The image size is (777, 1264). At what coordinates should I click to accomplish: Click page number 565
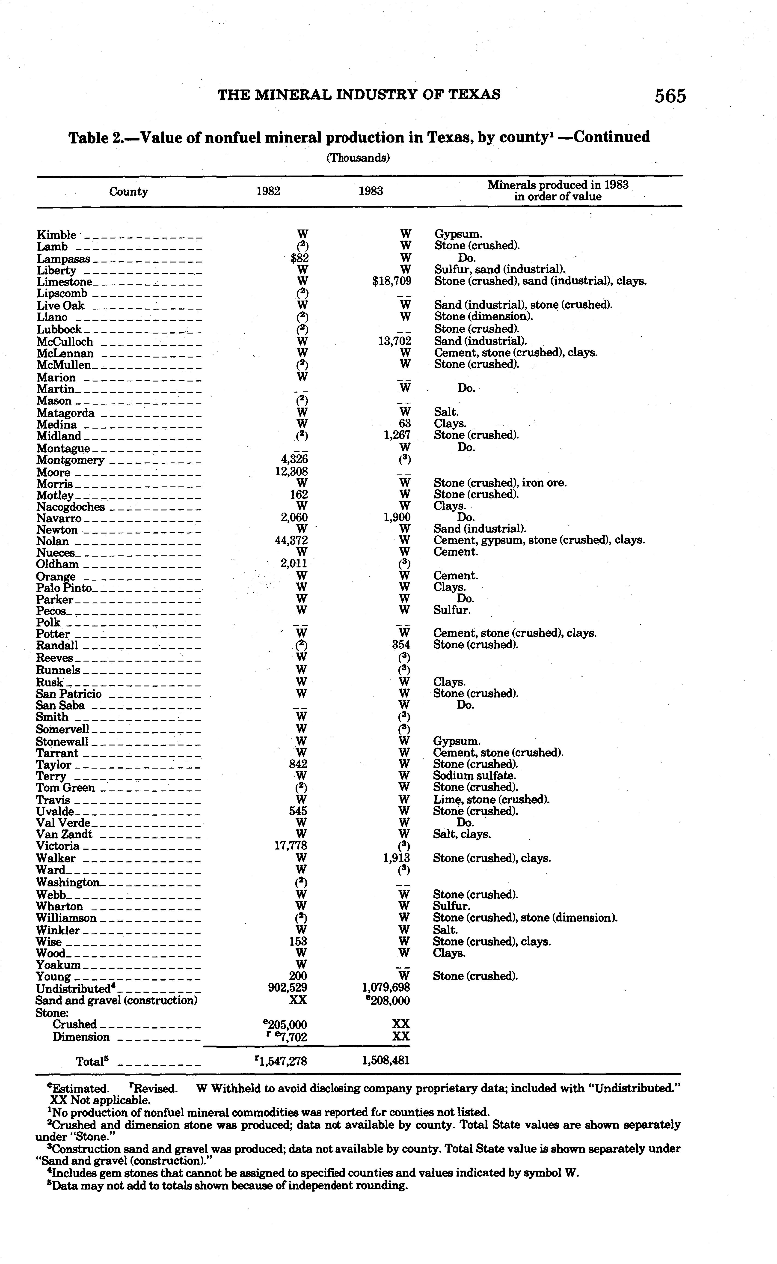pos(670,96)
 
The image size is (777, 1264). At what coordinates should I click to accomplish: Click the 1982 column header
pos(268,191)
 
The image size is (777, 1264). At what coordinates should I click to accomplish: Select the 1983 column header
pos(371,191)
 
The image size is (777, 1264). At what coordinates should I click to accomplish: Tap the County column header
pos(128,192)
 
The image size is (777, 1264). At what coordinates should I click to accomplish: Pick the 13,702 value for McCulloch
pos(395,341)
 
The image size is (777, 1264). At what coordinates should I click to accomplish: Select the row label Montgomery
pos(70,460)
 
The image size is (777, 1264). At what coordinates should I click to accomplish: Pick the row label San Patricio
pos(69,694)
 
